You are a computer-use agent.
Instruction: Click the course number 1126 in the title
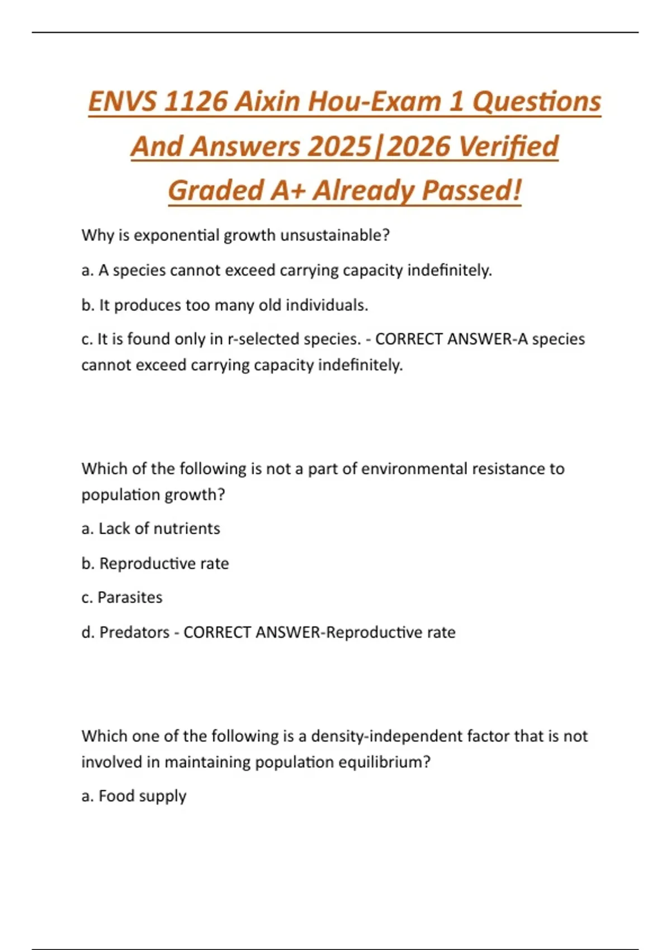tap(196, 102)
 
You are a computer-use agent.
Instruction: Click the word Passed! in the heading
tap(471, 191)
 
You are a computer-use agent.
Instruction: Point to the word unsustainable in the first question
tap(334, 235)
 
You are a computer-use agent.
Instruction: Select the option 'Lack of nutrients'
tap(159, 529)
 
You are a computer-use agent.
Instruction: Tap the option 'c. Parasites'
tap(122, 597)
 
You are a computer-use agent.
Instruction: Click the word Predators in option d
tap(134, 632)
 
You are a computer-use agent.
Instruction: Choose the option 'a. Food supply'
tap(134, 796)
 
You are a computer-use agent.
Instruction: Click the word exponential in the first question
tap(176, 235)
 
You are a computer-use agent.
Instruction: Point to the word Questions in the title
tap(537, 102)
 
